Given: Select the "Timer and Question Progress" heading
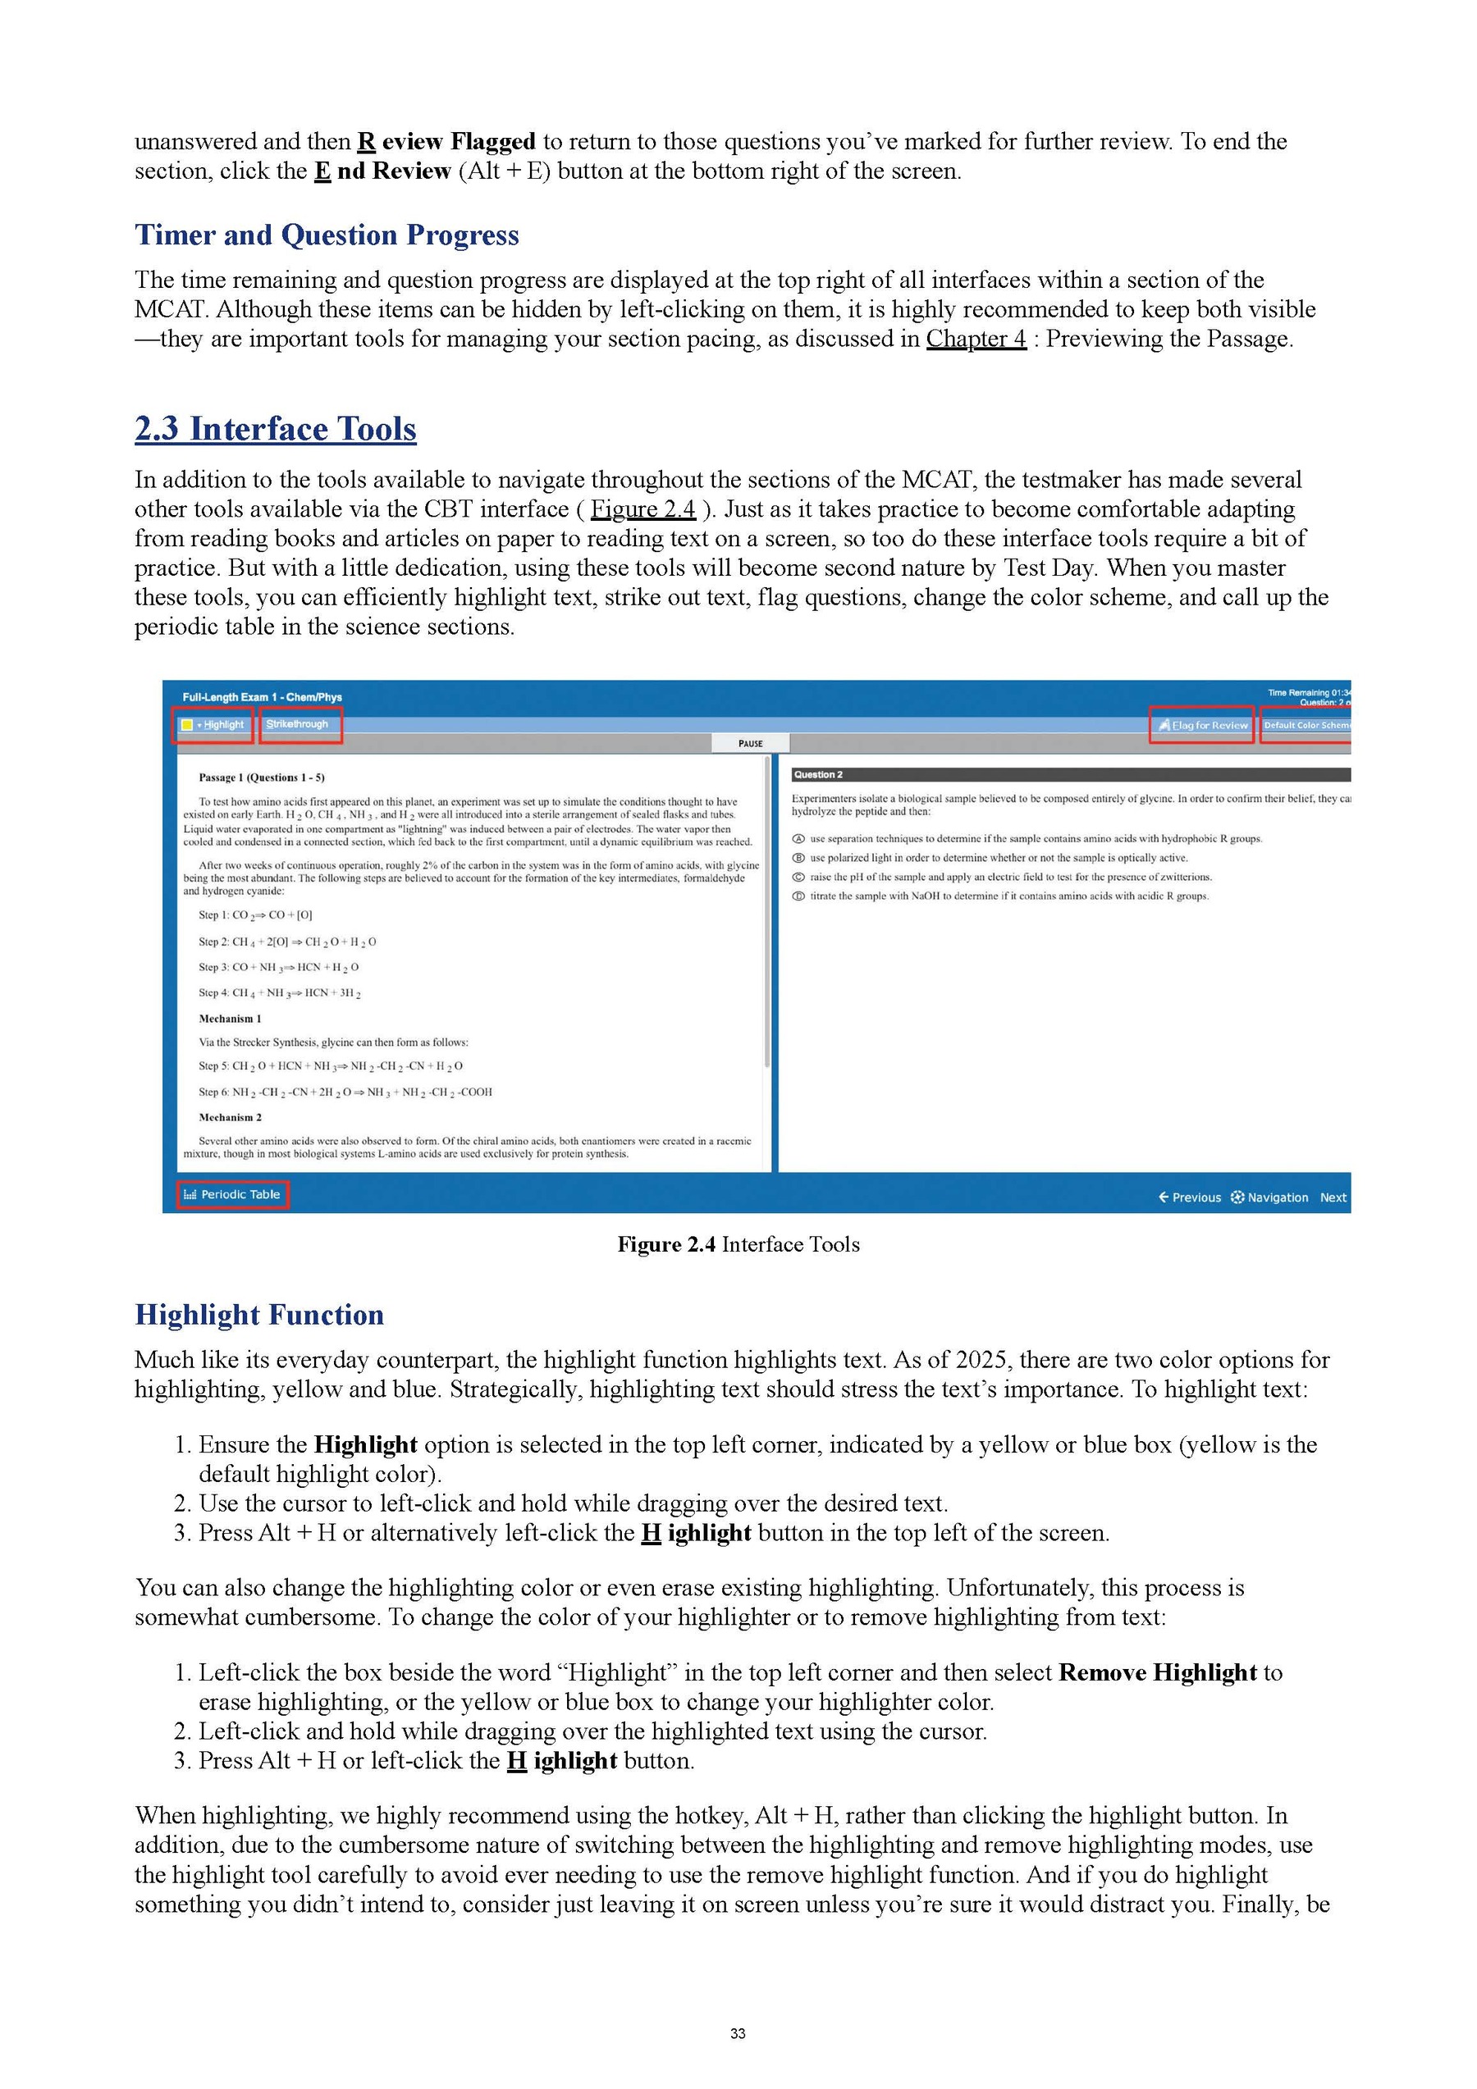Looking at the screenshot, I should coord(327,235).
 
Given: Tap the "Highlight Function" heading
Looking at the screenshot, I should coord(259,1315).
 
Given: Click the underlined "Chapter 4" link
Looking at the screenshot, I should coord(976,339).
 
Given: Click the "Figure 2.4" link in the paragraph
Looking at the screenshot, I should coord(642,509).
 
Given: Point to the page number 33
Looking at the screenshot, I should coord(738,2033).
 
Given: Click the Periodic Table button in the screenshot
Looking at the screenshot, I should coord(233,1195).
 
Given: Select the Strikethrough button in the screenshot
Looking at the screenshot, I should coord(298,724).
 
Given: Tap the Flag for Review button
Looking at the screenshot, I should coord(1202,725).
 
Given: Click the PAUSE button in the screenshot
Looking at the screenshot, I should coord(751,743).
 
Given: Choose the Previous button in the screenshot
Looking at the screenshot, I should coord(1190,1197).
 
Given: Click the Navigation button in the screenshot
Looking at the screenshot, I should coord(1269,1197).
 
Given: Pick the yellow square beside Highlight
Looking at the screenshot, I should coord(186,725).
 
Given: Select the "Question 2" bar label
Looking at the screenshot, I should coord(818,774).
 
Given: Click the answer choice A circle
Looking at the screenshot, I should coord(798,839).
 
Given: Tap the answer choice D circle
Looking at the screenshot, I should coord(798,896).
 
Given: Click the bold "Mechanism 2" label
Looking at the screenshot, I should coord(229,1117).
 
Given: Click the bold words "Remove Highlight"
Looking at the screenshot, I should coord(1158,1672).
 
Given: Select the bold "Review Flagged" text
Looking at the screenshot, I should coord(446,142).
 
